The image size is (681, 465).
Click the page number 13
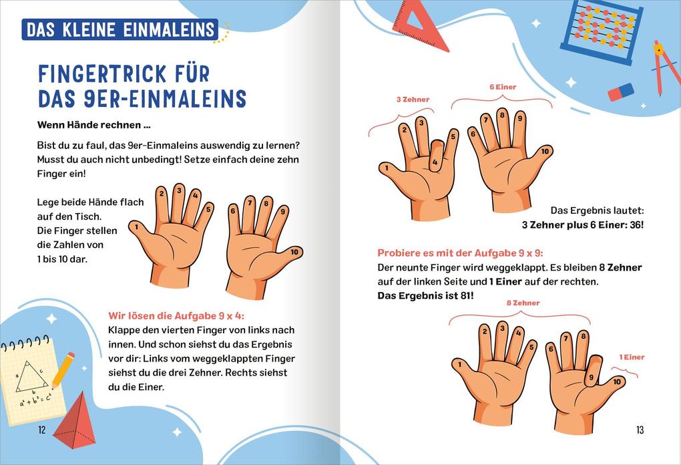click(640, 430)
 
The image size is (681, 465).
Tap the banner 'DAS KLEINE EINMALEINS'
click(120, 29)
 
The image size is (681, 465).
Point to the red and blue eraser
click(620, 92)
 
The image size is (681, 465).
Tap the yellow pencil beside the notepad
click(62, 370)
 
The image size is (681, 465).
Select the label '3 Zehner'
click(413, 100)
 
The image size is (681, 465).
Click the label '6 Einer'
click(503, 87)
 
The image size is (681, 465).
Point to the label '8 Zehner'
click(523, 303)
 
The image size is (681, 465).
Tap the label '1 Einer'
click(632, 357)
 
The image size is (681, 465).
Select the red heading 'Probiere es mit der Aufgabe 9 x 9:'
click(460, 253)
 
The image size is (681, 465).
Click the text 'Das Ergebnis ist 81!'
click(425, 295)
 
